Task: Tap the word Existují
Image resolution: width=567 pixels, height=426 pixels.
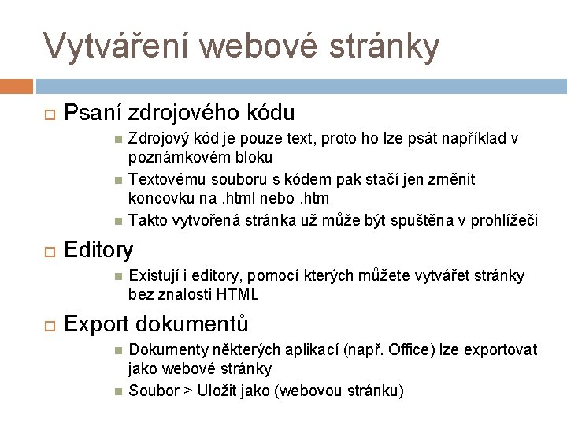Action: (154, 276)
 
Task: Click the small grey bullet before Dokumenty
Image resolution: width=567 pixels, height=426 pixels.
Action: (117, 350)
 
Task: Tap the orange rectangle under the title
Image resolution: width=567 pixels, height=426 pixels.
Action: (17, 84)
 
